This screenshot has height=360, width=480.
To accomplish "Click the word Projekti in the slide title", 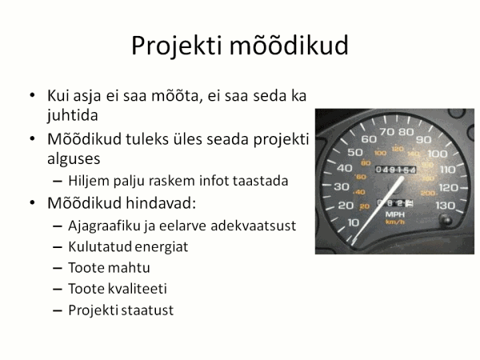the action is click(x=176, y=46).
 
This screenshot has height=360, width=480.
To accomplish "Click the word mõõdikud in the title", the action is click(x=289, y=45).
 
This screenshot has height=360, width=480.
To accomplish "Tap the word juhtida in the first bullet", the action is click(x=73, y=116).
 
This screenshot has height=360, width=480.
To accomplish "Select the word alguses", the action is click(x=74, y=159).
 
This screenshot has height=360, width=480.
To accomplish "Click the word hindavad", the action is click(x=161, y=203).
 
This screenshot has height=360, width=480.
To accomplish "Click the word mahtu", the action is click(x=129, y=268).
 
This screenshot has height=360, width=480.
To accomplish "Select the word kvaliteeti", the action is click(x=138, y=289).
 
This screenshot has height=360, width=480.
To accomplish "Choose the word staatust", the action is click(x=147, y=310).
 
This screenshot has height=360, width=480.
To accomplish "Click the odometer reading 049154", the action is click(x=395, y=170).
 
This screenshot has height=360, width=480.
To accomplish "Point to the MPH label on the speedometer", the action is click(x=395, y=214).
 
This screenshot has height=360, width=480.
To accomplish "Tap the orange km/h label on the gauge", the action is click(x=395, y=222).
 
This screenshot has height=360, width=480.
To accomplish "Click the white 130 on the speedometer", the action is click(x=446, y=206).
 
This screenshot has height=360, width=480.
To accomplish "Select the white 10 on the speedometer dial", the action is click(x=354, y=222).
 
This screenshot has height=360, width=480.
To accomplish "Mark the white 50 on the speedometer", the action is click(x=355, y=152).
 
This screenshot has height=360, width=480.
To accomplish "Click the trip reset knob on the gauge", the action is click(x=446, y=220).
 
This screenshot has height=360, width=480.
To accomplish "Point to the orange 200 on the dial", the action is click(x=428, y=193).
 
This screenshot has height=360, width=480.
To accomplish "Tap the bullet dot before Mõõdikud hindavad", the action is click(x=32, y=203).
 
